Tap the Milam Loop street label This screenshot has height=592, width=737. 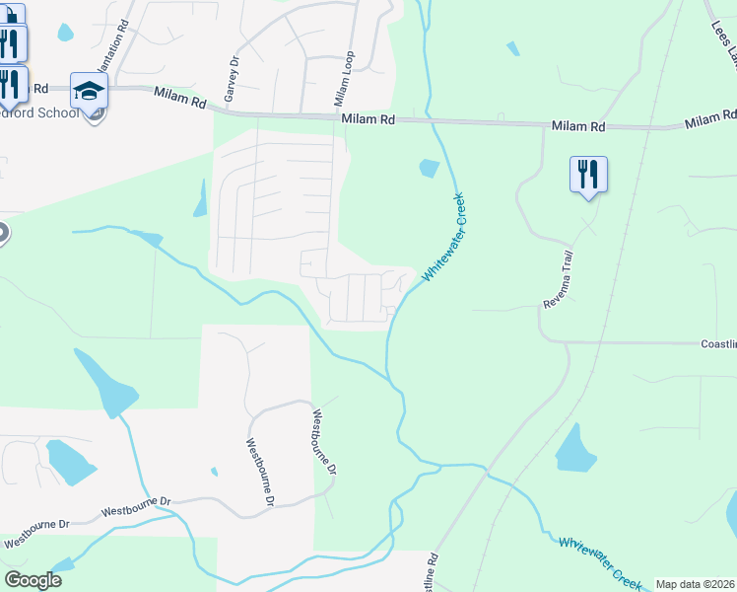click(343, 79)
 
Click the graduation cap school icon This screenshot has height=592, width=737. click(89, 91)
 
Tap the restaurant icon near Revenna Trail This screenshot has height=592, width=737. click(588, 176)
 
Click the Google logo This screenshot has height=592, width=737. click(33, 580)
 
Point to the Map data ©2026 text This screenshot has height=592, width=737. click(696, 584)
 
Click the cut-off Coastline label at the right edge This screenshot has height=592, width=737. click(718, 344)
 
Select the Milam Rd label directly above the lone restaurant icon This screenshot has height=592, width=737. click(578, 126)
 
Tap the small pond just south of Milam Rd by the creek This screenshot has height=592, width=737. click(429, 168)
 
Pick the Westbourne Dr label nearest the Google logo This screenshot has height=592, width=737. click(36, 536)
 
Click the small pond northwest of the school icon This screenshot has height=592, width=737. click(65, 33)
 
